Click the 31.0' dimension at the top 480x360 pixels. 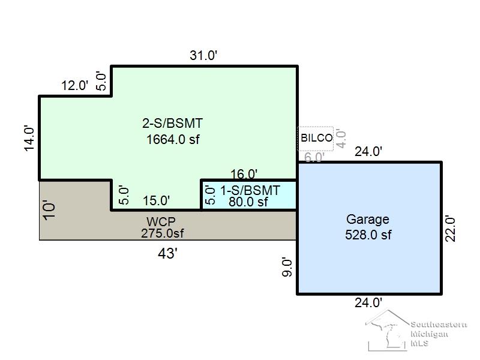[203, 55]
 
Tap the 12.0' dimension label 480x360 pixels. [74, 85]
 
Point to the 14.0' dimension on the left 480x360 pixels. [29, 139]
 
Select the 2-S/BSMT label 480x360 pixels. [172, 124]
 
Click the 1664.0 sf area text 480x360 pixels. [173, 140]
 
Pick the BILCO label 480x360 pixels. [317, 138]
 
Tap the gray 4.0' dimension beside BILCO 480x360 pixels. [341, 139]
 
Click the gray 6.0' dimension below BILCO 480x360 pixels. [314, 157]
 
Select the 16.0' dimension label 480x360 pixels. [244, 174]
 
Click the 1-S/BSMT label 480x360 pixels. [250, 190]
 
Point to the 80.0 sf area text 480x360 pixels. [248, 202]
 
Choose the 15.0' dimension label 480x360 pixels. [156, 201]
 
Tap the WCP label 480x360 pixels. [161, 221]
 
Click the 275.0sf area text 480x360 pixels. [162, 233]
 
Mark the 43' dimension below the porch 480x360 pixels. [167, 253]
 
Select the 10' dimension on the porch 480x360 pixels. [49, 210]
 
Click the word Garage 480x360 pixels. [368, 220]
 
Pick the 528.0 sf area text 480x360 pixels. [368, 235]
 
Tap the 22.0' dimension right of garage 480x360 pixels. [451, 229]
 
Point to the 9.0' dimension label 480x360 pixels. [287, 267]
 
